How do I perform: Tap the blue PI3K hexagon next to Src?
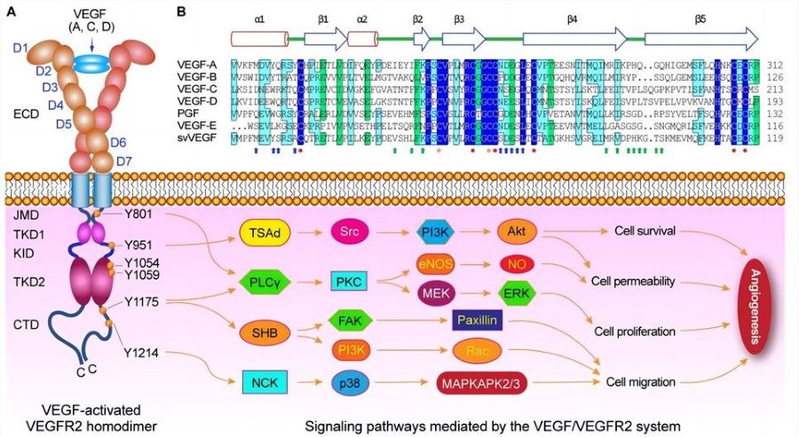(435, 231)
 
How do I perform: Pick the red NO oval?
(517, 263)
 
